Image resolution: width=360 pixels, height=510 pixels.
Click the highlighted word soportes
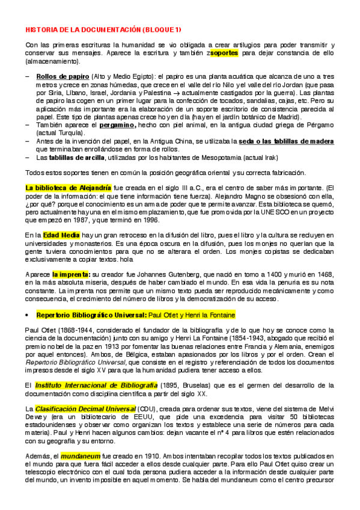coord(224,53)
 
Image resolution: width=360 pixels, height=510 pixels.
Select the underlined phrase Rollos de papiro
coord(63,77)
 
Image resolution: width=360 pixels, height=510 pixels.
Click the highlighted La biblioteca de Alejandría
coord(68,188)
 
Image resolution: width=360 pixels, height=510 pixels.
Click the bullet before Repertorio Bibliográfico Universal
coord(28,315)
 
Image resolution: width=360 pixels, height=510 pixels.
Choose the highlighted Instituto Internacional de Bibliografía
coord(83,384)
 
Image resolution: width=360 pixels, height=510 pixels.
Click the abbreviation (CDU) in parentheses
coord(150,409)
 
